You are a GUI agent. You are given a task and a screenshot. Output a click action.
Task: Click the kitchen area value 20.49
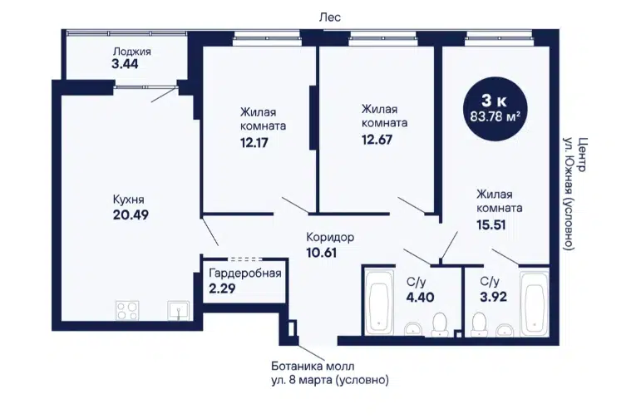131,214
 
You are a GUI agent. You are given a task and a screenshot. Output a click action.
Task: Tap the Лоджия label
132,52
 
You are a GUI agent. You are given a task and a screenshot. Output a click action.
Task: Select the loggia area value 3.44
125,64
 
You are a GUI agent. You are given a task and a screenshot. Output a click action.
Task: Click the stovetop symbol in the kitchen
127,311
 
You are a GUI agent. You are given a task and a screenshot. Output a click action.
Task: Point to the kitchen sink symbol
179,311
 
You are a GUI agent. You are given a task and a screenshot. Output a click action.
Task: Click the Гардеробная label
245,274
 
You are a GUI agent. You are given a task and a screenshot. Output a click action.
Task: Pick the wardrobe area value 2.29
222,288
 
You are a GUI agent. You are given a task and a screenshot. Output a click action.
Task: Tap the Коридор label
330,237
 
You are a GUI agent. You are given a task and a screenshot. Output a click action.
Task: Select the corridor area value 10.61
321,253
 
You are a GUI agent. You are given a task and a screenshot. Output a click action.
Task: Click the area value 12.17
254,143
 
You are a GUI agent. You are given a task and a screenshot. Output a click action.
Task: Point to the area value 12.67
377,140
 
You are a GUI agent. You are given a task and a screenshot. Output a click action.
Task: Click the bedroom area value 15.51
491,224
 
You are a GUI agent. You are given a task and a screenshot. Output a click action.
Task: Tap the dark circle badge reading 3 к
495,109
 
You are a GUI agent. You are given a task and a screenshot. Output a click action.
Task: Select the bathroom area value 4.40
420,298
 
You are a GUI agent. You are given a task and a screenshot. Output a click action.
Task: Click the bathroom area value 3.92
494,297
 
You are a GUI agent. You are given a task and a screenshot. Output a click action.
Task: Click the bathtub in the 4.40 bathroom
379,303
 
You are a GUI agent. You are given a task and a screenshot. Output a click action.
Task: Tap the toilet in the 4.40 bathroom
440,325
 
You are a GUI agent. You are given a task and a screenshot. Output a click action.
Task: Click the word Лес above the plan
330,17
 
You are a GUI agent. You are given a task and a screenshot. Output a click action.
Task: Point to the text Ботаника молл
313,367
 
